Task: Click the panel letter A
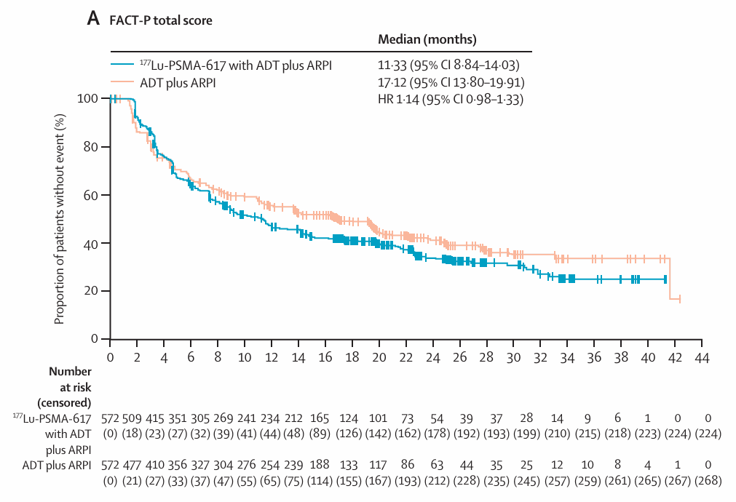(x=93, y=19)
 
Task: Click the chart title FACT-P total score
(x=161, y=20)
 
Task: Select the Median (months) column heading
(x=427, y=39)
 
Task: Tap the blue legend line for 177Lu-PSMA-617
(x=123, y=65)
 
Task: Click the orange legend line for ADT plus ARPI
(x=123, y=82)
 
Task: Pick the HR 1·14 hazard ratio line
(x=451, y=100)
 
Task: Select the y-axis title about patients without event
(x=59, y=219)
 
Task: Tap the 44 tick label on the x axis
(x=703, y=358)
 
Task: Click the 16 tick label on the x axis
(x=325, y=358)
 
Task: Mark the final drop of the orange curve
(x=670, y=278)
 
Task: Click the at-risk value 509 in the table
(x=132, y=418)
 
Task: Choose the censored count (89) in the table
(x=320, y=434)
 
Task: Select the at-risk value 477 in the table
(x=132, y=465)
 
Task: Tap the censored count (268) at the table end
(x=708, y=481)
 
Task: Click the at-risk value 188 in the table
(x=320, y=465)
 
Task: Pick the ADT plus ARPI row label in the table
(x=57, y=466)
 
